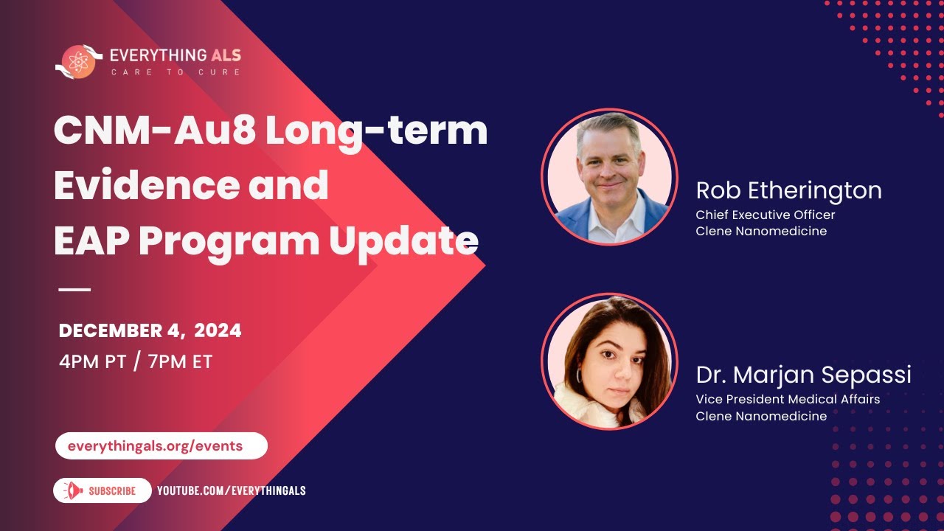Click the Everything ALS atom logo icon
click(79, 61)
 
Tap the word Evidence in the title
click(145, 185)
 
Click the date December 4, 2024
click(150, 331)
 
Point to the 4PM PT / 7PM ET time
click(136, 362)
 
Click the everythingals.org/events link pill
click(161, 445)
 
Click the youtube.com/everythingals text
click(232, 490)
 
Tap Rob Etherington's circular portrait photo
click(609, 176)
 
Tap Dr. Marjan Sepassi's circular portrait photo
click(609, 361)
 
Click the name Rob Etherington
click(788, 190)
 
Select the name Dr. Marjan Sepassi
click(803, 375)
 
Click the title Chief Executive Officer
click(766, 215)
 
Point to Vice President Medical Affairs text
click(788, 399)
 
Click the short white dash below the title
click(74, 289)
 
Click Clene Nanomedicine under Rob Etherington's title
click(761, 231)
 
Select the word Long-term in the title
click(376, 131)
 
